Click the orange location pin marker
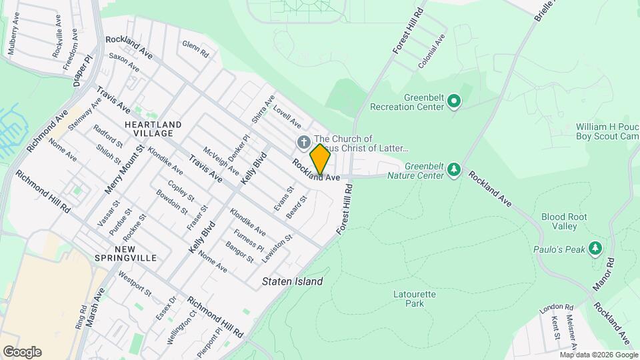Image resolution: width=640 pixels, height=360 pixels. (320, 159)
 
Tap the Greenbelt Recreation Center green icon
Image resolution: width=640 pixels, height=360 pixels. (454, 101)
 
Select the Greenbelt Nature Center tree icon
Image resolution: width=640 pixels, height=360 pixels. (454, 169)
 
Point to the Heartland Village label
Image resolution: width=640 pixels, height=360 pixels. (153, 129)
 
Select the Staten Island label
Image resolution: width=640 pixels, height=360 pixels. (293, 281)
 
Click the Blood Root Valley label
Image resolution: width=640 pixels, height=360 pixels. (559, 221)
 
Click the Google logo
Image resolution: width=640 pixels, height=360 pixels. (21, 352)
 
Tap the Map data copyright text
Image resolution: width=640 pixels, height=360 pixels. (598, 355)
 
